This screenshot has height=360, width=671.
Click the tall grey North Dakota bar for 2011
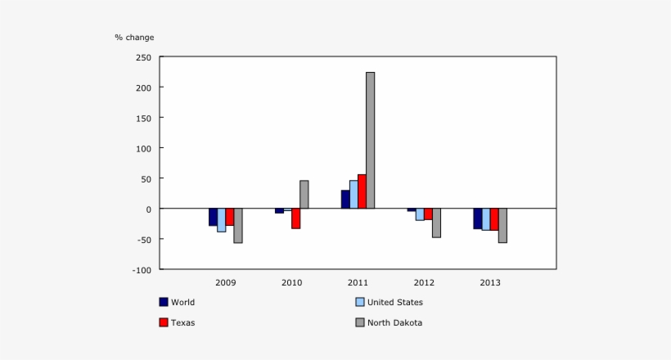click(370, 140)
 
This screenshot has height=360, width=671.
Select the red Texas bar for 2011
click(362, 191)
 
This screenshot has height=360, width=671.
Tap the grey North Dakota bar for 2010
click(304, 195)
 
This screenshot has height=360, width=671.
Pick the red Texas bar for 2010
click(295, 218)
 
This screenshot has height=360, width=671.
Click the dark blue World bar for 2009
click(213, 217)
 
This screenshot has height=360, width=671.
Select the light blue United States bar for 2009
click(221, 220)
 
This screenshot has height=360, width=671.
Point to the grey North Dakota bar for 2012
click(436, 223)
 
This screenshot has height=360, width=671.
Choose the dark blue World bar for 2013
click(477, 218)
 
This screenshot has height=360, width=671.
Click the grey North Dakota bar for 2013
click(502, 225)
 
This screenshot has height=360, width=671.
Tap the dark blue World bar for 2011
click(345, 200)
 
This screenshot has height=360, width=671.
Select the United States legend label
click(394, 302)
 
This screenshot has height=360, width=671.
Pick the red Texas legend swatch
click(164, 322)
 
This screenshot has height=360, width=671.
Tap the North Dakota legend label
click(394, 322)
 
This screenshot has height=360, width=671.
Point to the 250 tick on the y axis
click(144, 57)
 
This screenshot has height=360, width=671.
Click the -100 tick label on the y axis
click(142, 269)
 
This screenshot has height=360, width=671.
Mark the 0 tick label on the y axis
click(148, 209)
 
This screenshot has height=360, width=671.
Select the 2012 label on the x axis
click(424, 282)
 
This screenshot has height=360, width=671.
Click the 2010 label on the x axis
click(291, 282)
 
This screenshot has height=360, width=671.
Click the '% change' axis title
click(134, 37)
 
